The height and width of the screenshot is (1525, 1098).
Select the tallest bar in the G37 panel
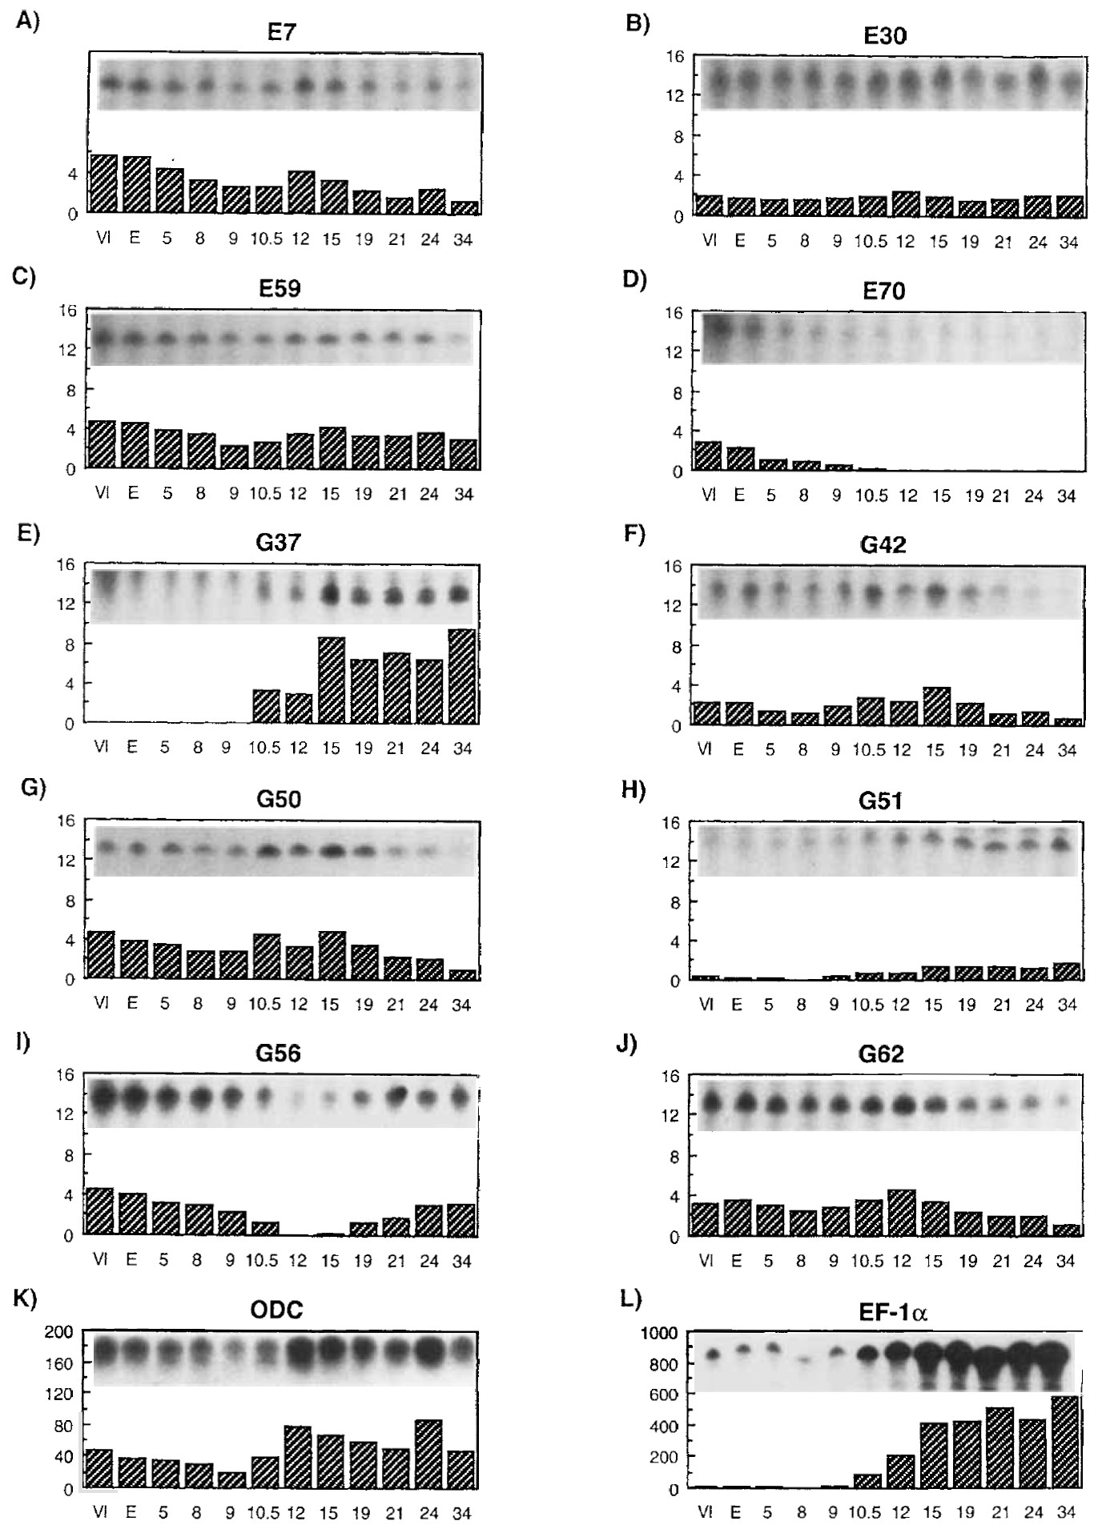[462, 676]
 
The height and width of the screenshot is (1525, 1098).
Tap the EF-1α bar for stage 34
[1066, 1443]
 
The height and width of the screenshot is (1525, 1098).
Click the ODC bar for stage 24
[428, 1455]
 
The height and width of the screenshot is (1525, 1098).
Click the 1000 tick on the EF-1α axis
[661, 1333]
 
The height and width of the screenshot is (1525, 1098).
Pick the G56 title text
[278, 1053]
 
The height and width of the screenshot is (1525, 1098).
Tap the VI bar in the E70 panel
[708, 455]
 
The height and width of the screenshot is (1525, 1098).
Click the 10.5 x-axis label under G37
[264, 748]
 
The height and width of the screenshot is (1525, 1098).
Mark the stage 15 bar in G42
[935, 705]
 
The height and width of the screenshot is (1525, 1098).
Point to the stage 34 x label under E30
[1068, 242]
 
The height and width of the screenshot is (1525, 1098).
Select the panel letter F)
[633, 534]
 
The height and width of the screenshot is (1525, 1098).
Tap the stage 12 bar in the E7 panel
[300, 192]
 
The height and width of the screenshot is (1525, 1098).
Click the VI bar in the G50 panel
[101, 954]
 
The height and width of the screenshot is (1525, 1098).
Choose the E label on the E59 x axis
[134, 494]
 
